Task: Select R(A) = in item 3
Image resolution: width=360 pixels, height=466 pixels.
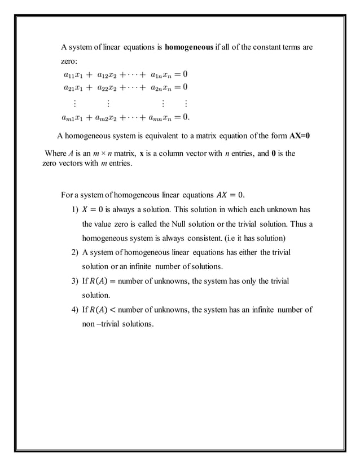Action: coord(99,281)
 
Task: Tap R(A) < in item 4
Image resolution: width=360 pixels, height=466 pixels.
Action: coord(99,310)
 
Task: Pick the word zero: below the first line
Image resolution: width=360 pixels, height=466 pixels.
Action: coord(70,60)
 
